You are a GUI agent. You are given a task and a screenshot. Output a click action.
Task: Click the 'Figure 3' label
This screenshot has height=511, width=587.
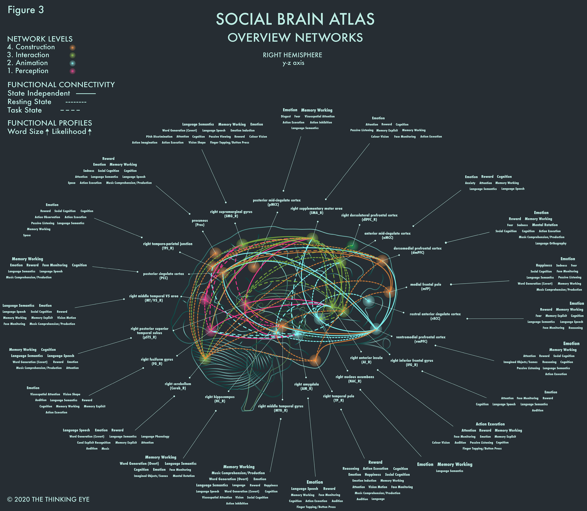pos(26,10)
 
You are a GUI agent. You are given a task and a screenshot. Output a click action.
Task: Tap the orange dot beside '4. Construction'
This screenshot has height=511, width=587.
pos(73,48)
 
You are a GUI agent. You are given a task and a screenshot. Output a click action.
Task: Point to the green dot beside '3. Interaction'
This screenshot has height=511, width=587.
pos(73,55)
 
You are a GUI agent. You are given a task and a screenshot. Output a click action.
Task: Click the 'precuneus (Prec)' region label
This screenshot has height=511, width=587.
pos(200,223)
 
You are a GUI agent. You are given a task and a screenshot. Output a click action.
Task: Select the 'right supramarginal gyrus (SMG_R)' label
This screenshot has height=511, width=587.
pos(231,214)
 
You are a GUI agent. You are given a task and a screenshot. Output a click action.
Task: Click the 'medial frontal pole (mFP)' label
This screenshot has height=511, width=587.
pos(425,287)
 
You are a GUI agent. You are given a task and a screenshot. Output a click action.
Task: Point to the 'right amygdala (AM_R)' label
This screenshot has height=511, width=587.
pos(307,386)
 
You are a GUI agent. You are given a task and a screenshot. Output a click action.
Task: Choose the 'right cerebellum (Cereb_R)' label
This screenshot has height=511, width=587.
pos(178,386)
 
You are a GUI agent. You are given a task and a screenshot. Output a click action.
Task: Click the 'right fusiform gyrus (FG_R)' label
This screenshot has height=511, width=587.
pos(157,361)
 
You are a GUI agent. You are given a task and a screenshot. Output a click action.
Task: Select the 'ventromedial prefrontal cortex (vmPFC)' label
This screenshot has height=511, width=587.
pos(421,339)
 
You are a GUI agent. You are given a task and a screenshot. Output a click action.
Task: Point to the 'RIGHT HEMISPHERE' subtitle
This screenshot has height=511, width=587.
pos(292,55)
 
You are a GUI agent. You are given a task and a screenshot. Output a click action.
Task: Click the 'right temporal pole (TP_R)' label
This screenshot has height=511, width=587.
pos(339,398)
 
